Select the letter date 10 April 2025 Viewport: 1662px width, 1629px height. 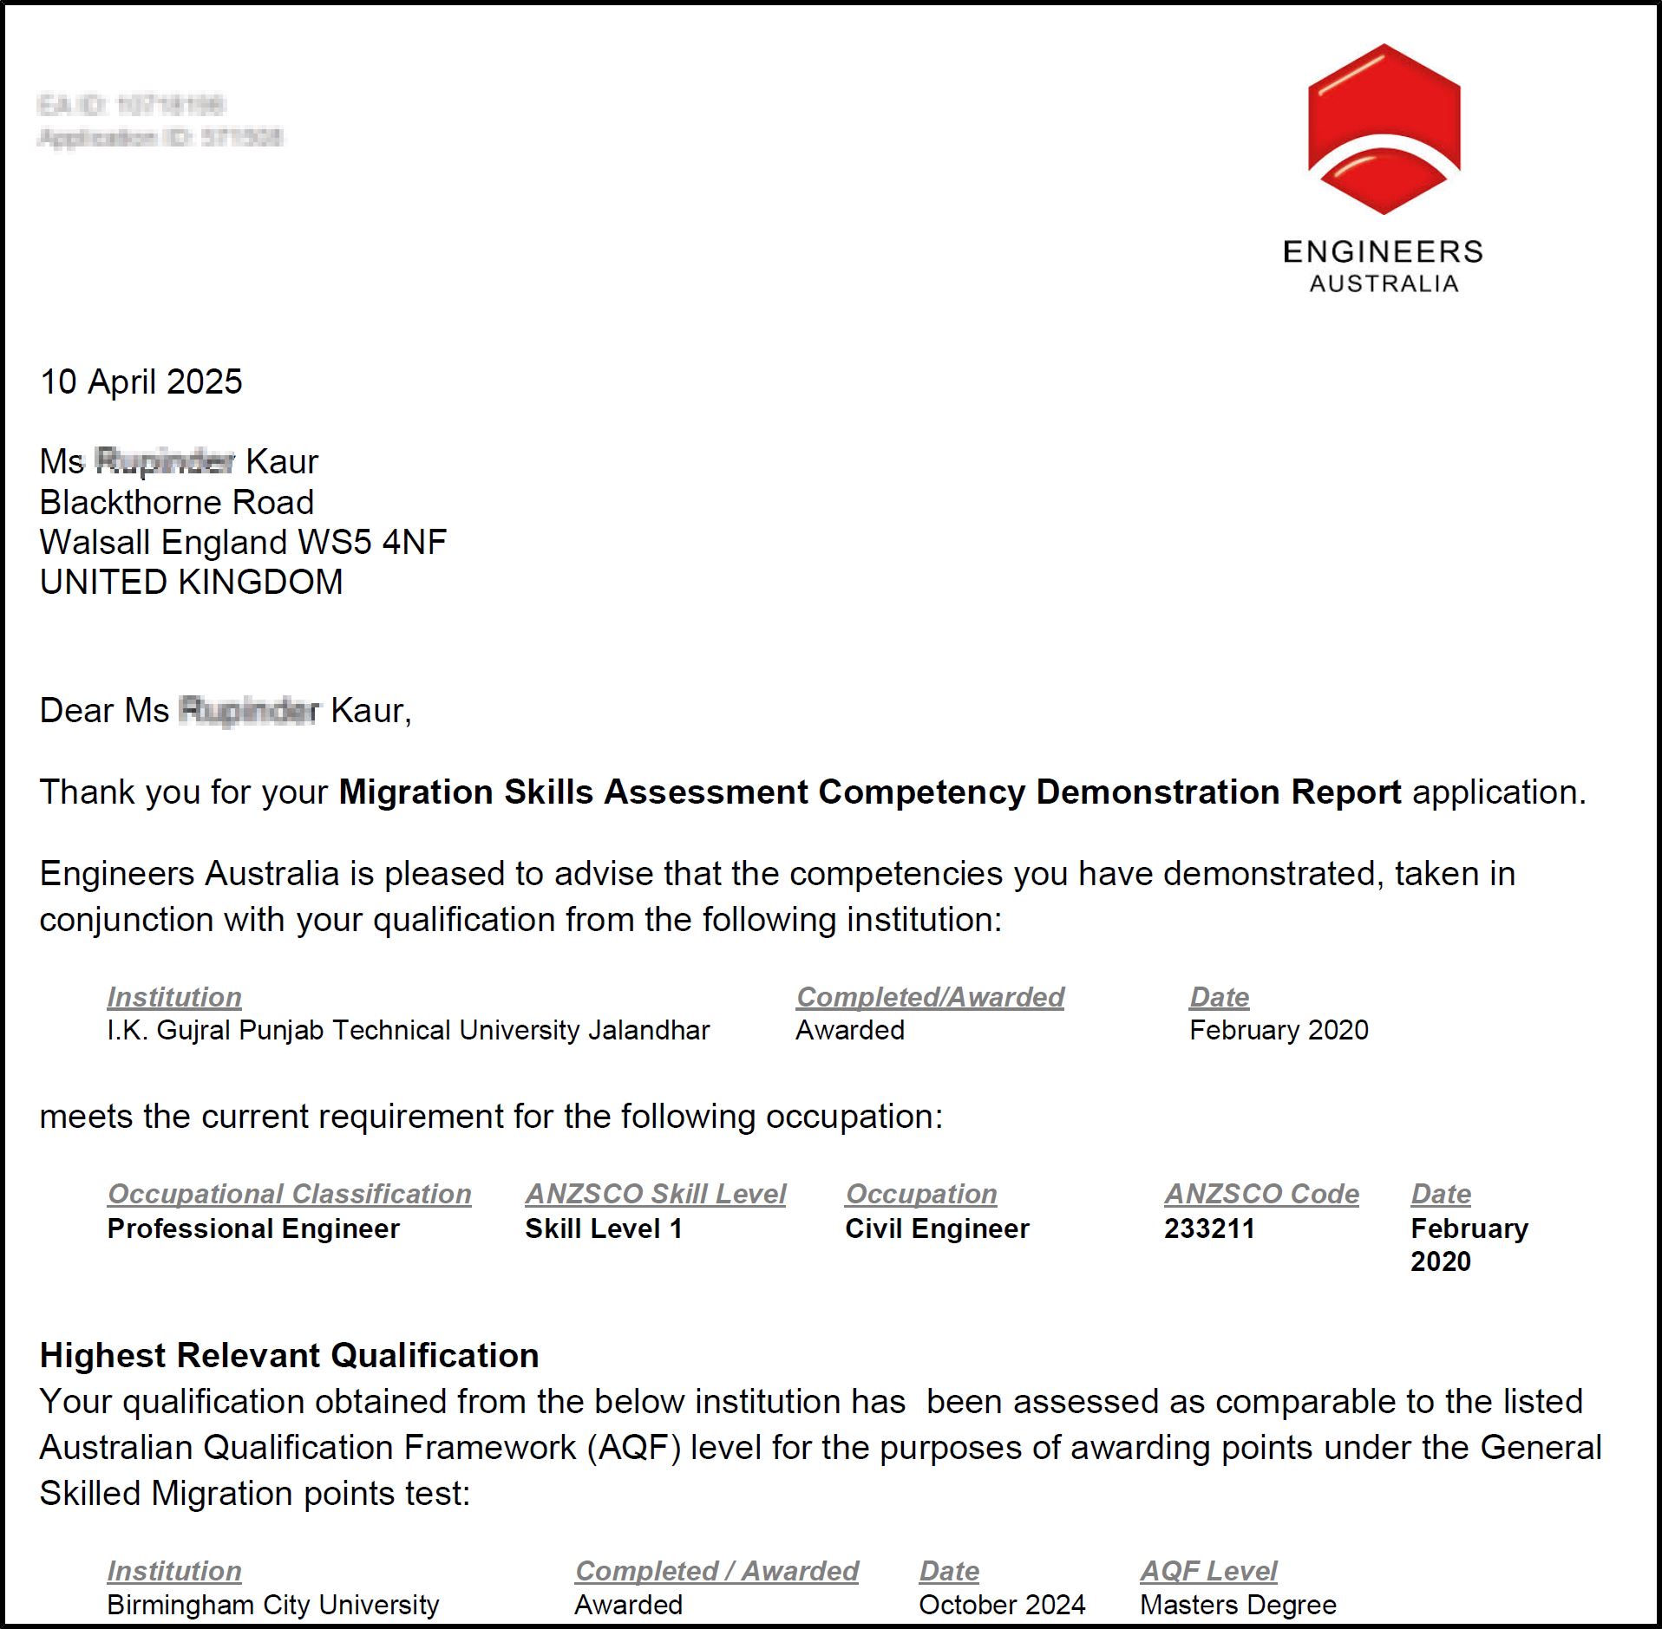(141, 382)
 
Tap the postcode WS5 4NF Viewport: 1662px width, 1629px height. (371, 543)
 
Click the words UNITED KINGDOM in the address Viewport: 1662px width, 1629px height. (192, 583)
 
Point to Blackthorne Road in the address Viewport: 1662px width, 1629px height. (177, 503)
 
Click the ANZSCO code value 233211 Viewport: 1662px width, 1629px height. (1209, 1228)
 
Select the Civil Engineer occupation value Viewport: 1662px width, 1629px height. (937, 1228)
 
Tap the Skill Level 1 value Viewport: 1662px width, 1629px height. (603, 1228)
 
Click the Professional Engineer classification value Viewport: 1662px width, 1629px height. (253, 1228)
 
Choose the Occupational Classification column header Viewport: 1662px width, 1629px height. (289, 1194)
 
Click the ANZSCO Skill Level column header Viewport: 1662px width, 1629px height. (655, 1194)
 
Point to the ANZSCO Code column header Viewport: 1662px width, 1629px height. (1261, 1194)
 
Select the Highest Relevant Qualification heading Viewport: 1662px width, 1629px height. (289, 1355)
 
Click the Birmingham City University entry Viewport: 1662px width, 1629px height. (273, 1605)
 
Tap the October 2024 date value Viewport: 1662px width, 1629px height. (1002, 1605)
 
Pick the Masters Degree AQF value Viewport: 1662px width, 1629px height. (1238, 1605)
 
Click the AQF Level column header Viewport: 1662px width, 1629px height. (1208, 1571)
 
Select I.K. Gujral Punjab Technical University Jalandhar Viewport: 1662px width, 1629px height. (408, 1030)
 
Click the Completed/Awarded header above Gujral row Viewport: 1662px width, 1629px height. (930, 997)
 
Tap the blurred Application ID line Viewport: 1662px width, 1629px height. (160, 137)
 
